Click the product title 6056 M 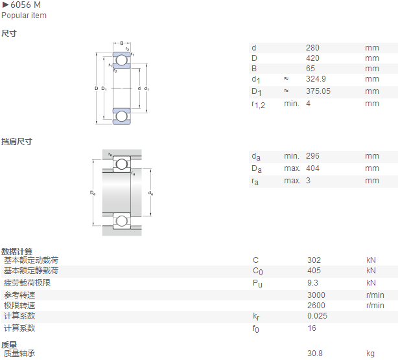pos(25,5)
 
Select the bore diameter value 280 pos(312,48)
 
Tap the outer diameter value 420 pos(312,58)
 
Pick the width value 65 pos(310,69)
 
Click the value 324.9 pos(316,79)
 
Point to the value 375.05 pos(318,91)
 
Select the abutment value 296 pos(312,156)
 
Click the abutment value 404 pos(312,168)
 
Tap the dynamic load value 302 pos(314,260)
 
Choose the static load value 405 pos(314,271)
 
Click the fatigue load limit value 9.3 pos(312,283)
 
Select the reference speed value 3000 pos(316,295)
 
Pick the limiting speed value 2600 pos(316,306)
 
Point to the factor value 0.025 pos(317,316)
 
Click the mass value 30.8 pos(315,353)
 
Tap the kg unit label pos(370,354)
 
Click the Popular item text pos(24,16)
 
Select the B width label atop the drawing pos(122,43)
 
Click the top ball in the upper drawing pos(122,60)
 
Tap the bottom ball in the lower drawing pos(122,221)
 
